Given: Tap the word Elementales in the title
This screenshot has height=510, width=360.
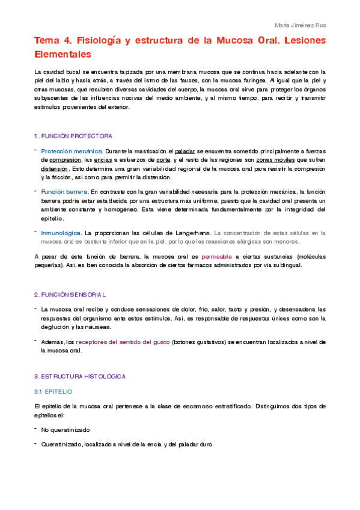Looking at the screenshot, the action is pos(63,54).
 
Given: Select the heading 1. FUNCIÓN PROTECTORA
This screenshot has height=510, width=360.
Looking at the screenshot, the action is pos(73,136).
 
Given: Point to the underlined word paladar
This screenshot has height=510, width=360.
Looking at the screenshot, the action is pos(188,152).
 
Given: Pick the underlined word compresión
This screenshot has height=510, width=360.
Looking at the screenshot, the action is pos(65,161).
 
